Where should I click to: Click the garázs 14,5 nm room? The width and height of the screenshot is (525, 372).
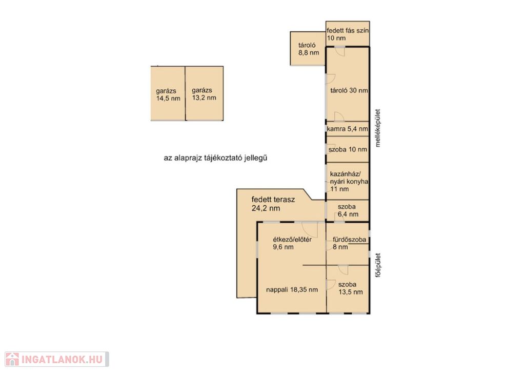click(x=168, y=93)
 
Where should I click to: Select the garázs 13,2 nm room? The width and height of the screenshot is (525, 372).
click(x=204, y=93)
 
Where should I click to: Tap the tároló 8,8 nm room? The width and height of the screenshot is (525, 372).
click(x=308, y=49)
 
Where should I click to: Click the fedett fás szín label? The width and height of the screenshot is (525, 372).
click(x=348, y=30)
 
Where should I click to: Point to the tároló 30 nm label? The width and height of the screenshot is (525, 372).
click(x=349, y=90)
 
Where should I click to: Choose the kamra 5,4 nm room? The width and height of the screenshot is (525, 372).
click(x=348, y=129)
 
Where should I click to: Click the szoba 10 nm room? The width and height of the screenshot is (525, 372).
click(x=348, y=149)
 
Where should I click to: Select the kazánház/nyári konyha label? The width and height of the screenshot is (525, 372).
click(x=349, y=178)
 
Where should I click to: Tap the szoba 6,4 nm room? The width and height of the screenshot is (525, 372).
click(x=348, y=210)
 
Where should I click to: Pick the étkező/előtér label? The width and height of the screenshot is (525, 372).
click(x=292, y=240)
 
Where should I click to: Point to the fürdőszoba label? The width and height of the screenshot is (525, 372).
click(x=349, y=240)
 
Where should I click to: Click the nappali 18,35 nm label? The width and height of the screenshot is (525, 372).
click(x=292, y=290)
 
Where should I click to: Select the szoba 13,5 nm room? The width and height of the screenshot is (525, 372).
click(x=348, y=288)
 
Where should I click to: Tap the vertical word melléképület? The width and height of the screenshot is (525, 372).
click(x=378, y=128)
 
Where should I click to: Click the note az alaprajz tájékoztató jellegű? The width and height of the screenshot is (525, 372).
click(x=215, y=158)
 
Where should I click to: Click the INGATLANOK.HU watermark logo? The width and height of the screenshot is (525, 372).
click(x=57, y=359)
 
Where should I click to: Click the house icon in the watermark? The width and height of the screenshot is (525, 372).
click(x=12, y=359)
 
